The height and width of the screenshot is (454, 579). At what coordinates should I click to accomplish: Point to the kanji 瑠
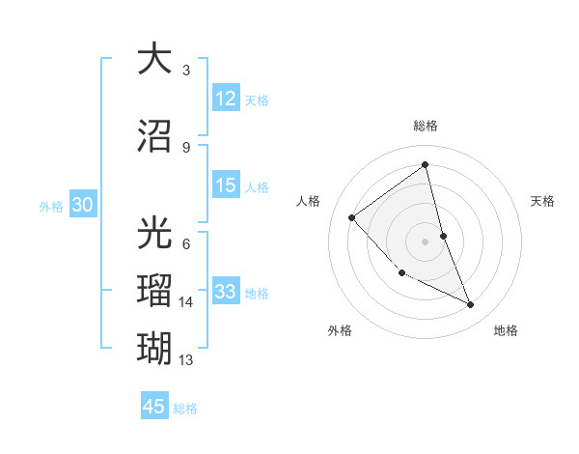[x=155, y=289]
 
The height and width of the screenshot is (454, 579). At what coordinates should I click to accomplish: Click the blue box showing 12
[x=226, y=99]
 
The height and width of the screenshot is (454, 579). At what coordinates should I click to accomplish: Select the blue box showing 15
[x=226, y=186]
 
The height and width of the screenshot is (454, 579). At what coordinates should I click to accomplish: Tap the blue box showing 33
[x=226, y=293]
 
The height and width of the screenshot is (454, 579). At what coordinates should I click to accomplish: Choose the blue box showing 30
[x=82, y=206]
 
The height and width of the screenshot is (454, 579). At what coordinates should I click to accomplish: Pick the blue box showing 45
[x=154, y=407]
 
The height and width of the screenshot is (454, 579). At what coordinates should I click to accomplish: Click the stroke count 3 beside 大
[x=186, y=71]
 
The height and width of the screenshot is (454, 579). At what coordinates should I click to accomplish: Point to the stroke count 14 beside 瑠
[x=186, y=302]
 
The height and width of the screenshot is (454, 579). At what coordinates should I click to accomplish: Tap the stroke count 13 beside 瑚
[x=186, y=359]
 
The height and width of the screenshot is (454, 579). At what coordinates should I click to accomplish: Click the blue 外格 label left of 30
[x=51, y=207]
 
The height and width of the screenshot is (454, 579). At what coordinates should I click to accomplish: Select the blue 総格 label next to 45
[x=185, y=408]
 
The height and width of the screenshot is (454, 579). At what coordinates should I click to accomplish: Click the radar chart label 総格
[x=426, y=126]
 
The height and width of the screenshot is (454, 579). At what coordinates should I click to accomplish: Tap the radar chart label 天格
[x=543, y=201]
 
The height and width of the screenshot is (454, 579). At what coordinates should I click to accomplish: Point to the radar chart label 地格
[x=506, y=331]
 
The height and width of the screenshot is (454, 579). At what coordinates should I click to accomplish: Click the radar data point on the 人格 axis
[x=352, y=218]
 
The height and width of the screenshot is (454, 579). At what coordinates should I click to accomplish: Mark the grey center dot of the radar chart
[x=426, y=241]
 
